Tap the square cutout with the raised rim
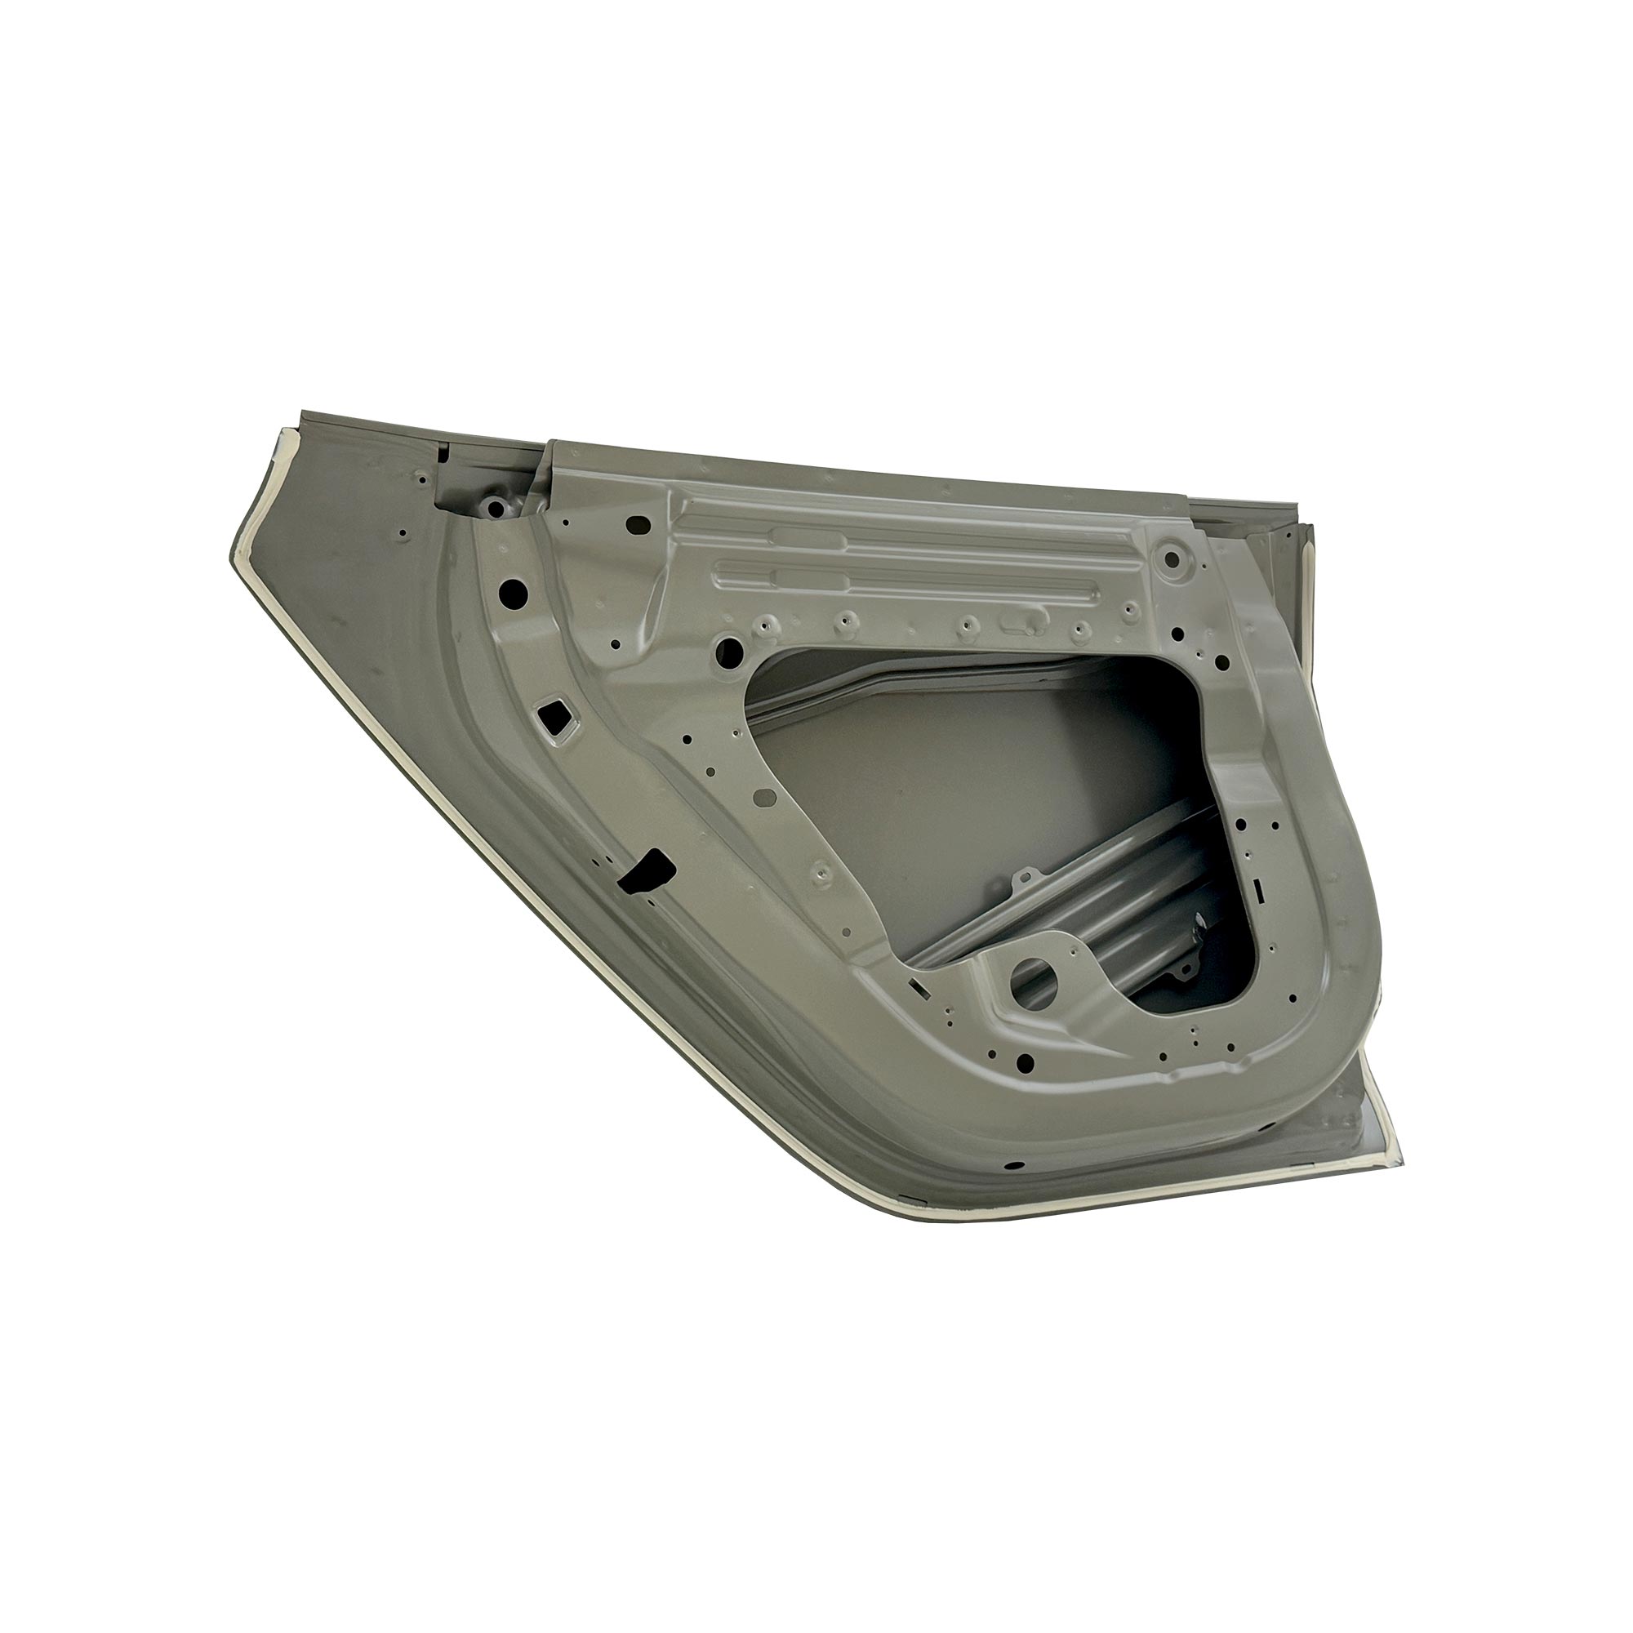click(x=554, y=693)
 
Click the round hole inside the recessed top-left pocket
click(x=495, y=508)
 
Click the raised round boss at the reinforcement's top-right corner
click(x=1171, y=557)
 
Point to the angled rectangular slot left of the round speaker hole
click(x=918, y=986)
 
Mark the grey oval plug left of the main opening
click(x=763, y=797)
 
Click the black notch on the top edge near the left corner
click(x=443, y=454)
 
